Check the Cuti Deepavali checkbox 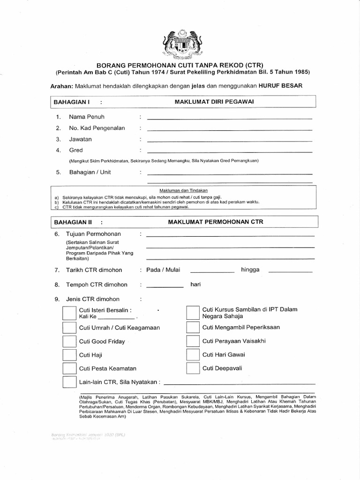(x=193, y=368)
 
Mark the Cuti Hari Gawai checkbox (x=193, y=354)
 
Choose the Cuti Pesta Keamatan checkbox (x=68, y=368)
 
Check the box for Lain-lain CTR (x=68, y=382)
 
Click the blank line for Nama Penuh (x=230, y=119)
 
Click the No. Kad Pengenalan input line (x=230, y=130)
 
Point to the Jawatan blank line (x=230, y=141)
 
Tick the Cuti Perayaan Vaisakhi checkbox (x=193, y=341)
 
